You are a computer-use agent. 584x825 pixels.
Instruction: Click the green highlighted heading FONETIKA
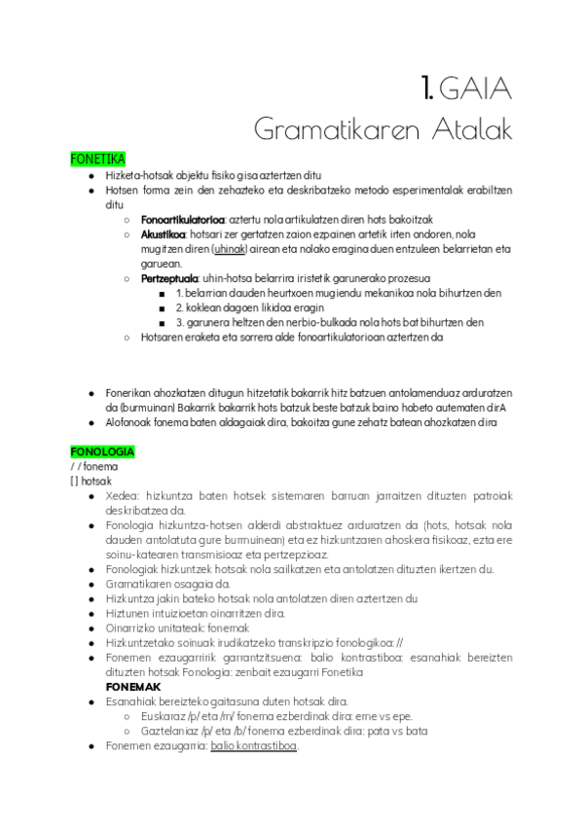tap(98, 158)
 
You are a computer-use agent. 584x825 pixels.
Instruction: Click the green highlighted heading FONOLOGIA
tap(102, 452)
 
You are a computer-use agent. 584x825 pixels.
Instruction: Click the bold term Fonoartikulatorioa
tap(183, 220)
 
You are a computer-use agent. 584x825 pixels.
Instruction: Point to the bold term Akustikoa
tap(163, 234)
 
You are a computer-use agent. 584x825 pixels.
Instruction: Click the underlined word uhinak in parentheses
tap(229, 249)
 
